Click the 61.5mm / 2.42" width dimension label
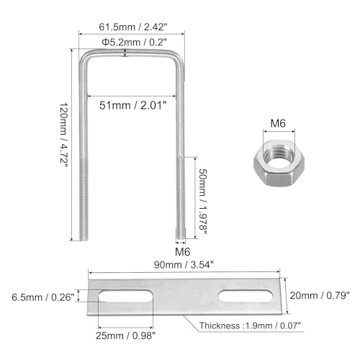coord(132,27)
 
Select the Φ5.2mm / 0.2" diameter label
coord(134,42)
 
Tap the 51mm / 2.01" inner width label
coord(133,105)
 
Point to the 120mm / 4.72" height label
coord(64,133)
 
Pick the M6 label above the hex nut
coord(278,123)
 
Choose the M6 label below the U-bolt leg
coord(182,252)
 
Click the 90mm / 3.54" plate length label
coord(184,265)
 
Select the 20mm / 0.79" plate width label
coord(320,295)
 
